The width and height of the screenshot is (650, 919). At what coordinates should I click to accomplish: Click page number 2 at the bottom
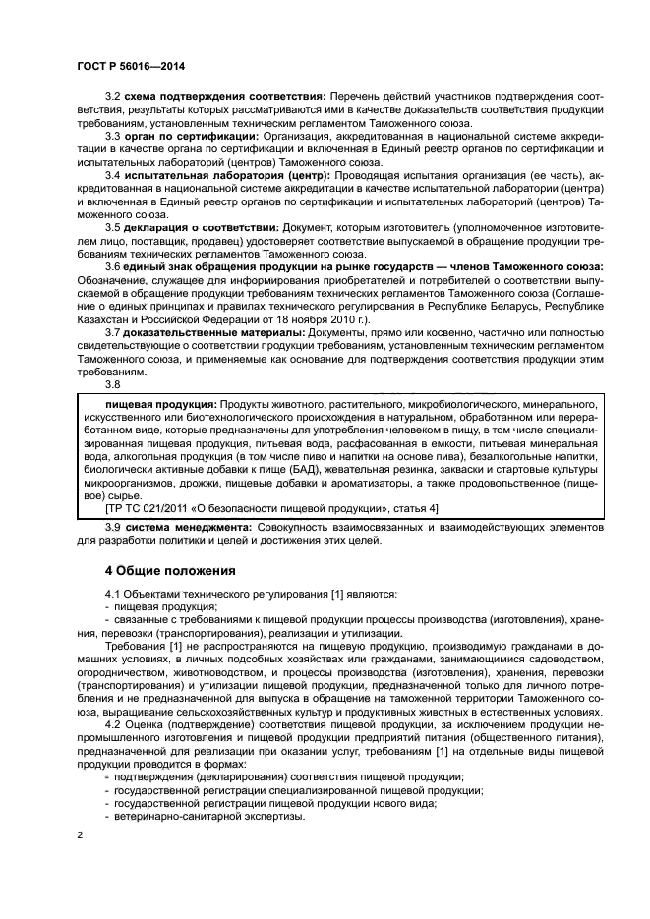[81, 833]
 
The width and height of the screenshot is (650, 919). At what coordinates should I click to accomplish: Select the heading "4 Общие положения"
[170, 570]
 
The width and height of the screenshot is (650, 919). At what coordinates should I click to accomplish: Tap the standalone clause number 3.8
[114, 385]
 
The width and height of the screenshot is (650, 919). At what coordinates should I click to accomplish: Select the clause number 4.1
[114, 595]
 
